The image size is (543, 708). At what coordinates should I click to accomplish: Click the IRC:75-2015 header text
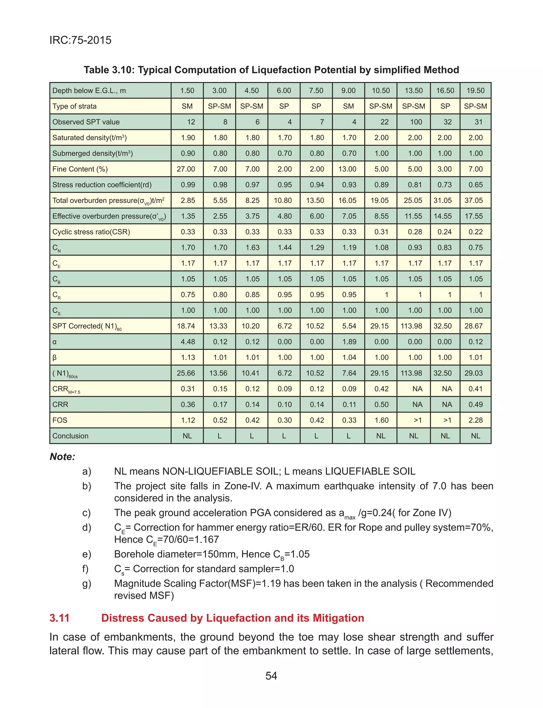pyautogui.click(x=81, y=40)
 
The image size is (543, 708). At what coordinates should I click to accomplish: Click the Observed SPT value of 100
pyautogui.click(x=416, y=122)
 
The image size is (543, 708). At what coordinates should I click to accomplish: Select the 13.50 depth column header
pyautogui.click(x=413, y=90)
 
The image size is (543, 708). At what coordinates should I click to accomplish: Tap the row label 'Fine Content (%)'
pyautogui.click(x=80, y=169)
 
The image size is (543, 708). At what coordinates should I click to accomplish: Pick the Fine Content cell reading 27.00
pyautogui.click(x=186, y=169)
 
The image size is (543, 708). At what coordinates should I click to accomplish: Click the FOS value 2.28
pyautogui.click(x=475, y=420)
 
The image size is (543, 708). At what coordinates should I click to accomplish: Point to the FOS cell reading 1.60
pyautogui.click(x=381, y=420)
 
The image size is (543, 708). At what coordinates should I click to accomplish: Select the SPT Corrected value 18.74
pyautogui.click(x=186, y=326)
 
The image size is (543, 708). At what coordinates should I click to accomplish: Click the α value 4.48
pyautogui.click(x=188, y=342)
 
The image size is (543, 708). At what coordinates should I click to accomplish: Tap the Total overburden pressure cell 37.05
pyautogui.click(x=474, y=201)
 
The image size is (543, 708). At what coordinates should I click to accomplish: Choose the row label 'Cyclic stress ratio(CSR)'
pyautogui.click(x=91, y=232)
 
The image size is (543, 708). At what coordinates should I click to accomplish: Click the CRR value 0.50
pyautogui.click(x=381, y=405)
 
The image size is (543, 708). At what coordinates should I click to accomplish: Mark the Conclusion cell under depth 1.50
pyautogui.click(x=187, y=436)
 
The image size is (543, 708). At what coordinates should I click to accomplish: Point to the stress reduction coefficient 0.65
pyautogui.click(x=475, y=185)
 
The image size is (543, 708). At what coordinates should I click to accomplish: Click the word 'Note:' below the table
pyautogui.click(x=62, y=457)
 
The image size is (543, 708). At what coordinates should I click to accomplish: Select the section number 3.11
pyautogui.click(x=59, y=618)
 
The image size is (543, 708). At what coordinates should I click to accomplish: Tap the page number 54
pyautogui.click(x=271, y=676)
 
